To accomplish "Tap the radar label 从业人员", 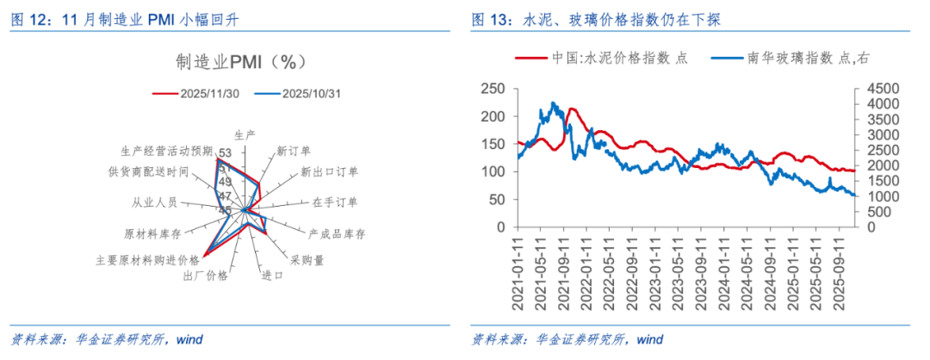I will (154, 202).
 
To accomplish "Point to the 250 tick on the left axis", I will (491, 89).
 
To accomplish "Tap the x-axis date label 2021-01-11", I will (520, 271).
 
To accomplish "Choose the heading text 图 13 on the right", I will (493, 21).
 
